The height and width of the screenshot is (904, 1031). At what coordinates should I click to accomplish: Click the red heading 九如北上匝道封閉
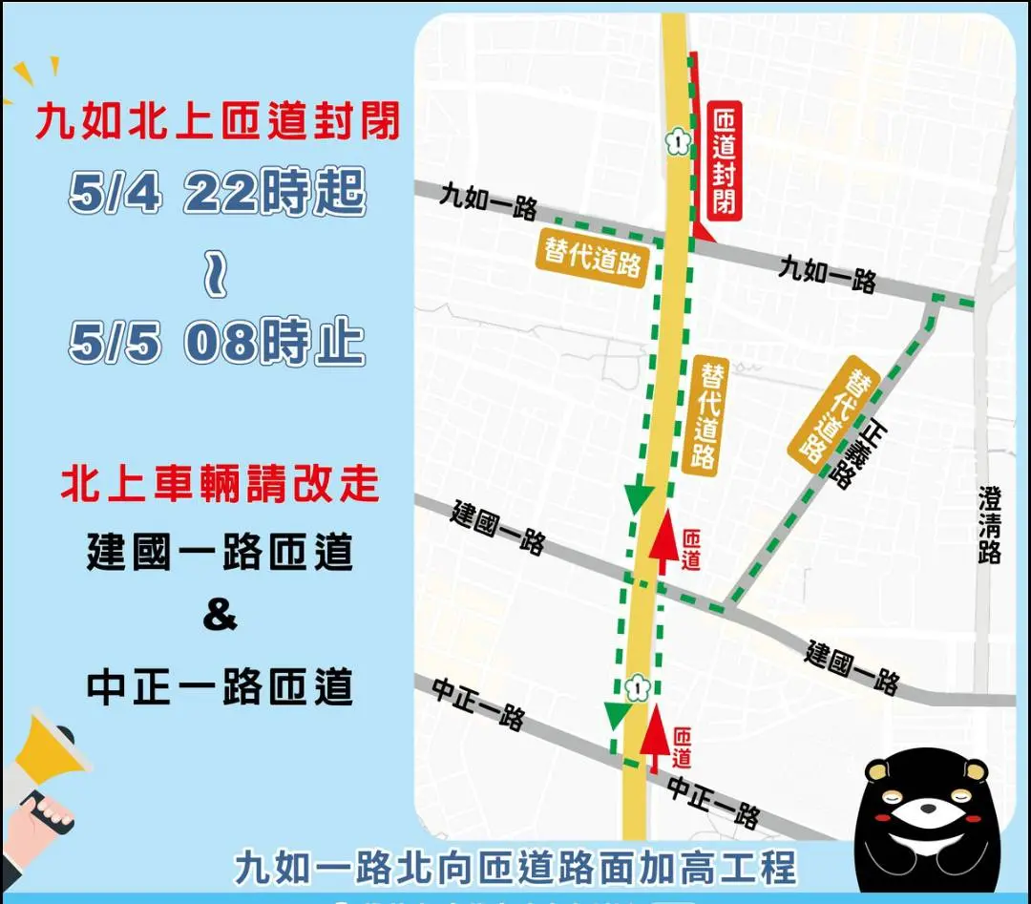coord(218,123)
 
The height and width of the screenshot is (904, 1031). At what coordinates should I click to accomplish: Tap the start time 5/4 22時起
coord(218,196)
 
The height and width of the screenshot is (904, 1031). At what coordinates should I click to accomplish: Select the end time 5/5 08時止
coord(218,343)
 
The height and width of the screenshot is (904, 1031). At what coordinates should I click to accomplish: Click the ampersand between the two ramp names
coord(220,616)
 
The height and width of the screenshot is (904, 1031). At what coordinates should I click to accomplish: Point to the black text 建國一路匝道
coord(220,553)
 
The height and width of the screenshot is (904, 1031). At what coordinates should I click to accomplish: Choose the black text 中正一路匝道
coord(220,686)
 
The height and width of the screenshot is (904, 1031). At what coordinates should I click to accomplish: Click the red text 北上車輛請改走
coord(220,484)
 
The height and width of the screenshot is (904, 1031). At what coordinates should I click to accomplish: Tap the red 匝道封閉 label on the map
coord(726,159)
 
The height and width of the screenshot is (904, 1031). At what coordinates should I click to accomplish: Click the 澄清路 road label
coord(990,525)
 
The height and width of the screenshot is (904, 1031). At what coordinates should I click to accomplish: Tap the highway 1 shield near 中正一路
coord(636,685)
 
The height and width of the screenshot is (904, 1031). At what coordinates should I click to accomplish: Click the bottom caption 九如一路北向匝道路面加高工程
coord(515,867)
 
